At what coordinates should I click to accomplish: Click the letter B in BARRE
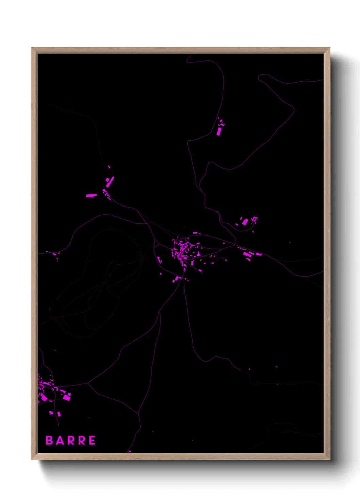pyautogui.click(x=49, y=440)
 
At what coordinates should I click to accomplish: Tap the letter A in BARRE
pyautogui.click(x=60, y=440)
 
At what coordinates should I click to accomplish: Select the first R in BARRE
pyautogui.click(x=70, y=440)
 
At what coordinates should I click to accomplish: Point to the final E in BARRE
pyautogui.click(x=92, y=440)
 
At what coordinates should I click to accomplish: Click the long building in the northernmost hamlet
pyautogui.click(x=219, y=131)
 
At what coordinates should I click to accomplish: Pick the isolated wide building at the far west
pyautogui.click(x=91, y=195)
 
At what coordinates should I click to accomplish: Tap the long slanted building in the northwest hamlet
pyautogui.click(x=110, y=182)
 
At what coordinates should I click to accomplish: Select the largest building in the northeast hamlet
pyautogui.click(x=245, y=222)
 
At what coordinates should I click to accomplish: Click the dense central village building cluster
pyautogui.click(x=182, y=250)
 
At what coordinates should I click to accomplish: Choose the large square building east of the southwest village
pyautogui.click(x=67, y=397)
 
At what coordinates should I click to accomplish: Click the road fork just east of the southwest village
pyautogui.click(x=88, y=383)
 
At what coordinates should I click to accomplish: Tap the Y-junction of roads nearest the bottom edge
pyautogui.click(x=138, y=414)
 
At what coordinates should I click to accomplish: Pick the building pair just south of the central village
pyautogui.click(x=176, y=279)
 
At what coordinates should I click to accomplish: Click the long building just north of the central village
pyautogui.click(x=195, y=233)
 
